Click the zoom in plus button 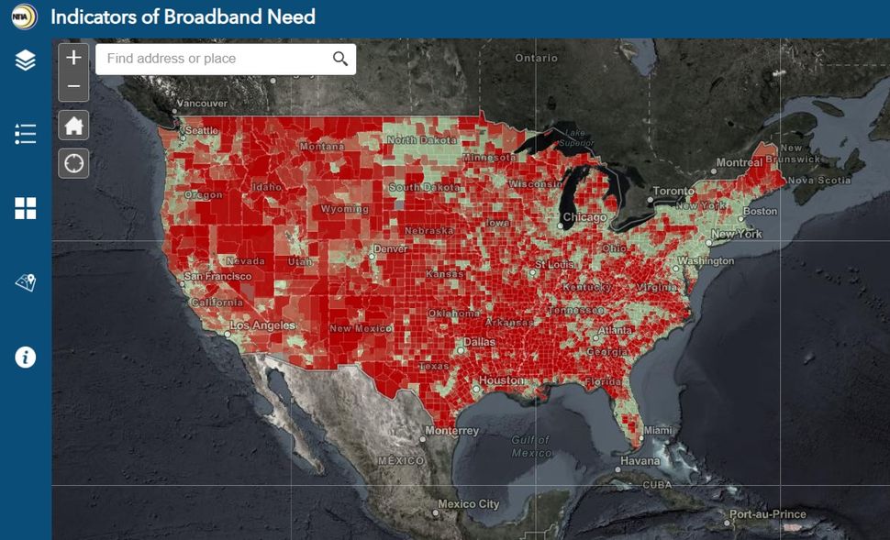pos(74,58)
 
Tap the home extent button pos(74,125)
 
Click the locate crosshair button pos(74,163)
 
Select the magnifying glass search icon pos(340,59)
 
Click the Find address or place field pos(211,59)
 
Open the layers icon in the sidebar pos(25,61)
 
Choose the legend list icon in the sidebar pos(25,134)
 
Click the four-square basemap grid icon pos(25,208)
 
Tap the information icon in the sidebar pos(25,357)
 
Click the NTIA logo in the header pos(24,17)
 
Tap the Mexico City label pos(468,504)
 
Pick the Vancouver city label pos(201,104)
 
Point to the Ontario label pos(536,58)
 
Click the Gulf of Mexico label pos(531,446)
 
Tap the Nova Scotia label pos(819,181)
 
